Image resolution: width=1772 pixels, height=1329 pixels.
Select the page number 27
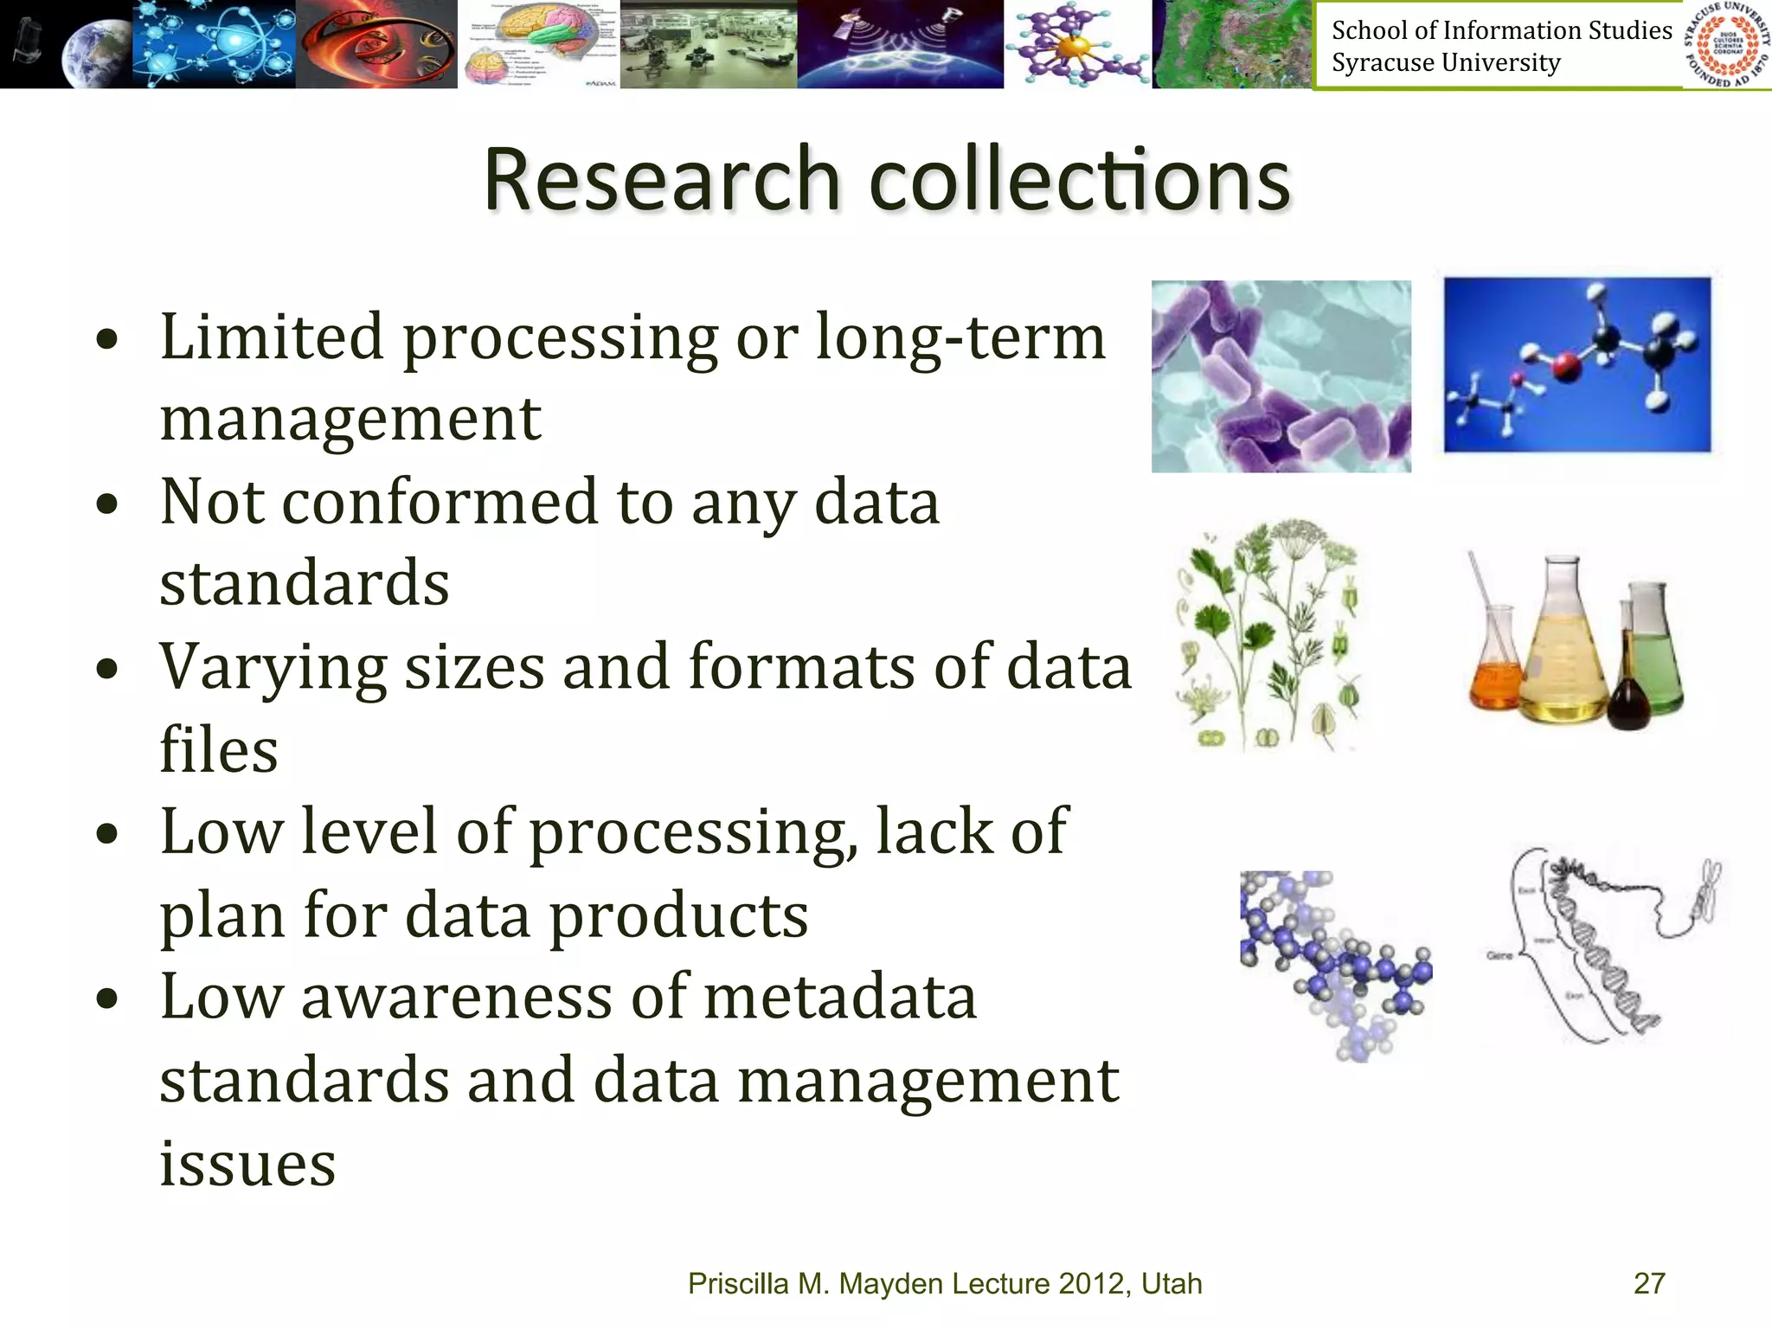[1649, 1283]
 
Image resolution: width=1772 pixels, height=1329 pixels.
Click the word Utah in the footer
[1172, 1283]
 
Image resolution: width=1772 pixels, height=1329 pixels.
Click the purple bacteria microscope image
[1281, 376]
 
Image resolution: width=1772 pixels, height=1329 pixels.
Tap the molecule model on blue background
[1576, 364]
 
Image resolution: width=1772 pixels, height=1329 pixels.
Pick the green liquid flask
[1654, 649]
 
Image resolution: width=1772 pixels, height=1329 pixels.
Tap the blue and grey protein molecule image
[1335, 965]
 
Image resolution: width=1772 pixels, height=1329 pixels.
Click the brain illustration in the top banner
[538, 44]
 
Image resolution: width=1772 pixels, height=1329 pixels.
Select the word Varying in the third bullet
[273, 669]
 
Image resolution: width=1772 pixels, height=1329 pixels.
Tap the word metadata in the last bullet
[840, 997]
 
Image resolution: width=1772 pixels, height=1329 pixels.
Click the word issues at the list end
[247, 1163]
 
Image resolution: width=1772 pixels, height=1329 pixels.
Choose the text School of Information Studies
[1501, 30]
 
